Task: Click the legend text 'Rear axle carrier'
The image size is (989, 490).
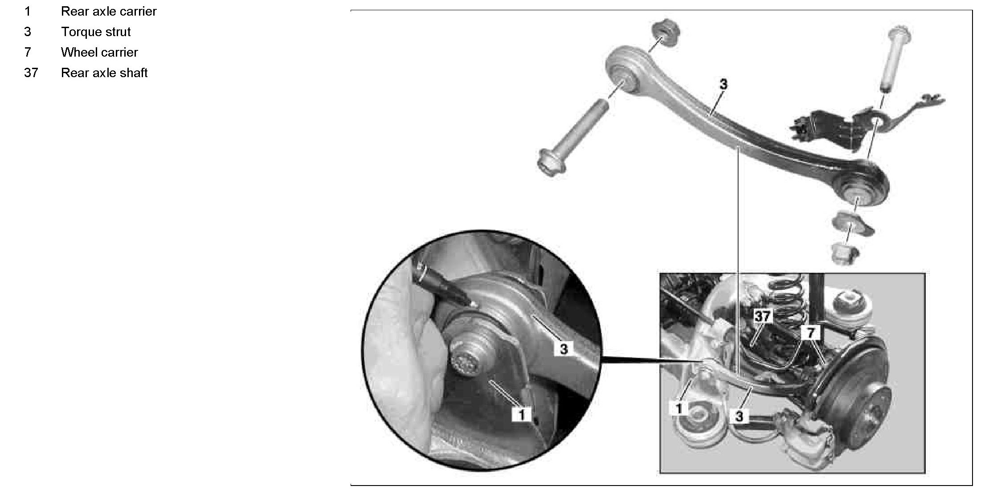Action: tap(109, 12)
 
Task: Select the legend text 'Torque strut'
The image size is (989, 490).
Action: tap(96, 32)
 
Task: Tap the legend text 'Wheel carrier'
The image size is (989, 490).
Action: tap(99, 53)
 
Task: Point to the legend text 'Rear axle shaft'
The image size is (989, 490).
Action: tap(104, 73)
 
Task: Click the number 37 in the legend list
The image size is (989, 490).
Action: tap(31, 73)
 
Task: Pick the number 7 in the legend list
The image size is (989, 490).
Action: tap(28, 53)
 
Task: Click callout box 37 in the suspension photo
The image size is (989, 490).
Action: tap(762, 316)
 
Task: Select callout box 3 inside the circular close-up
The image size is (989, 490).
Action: tap(564, 349)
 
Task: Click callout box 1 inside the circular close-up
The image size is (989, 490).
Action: tap(521, 414)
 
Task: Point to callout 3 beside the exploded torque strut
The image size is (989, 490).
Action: tap(723, 84)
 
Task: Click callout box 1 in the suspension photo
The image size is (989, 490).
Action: tap(679, 408)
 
